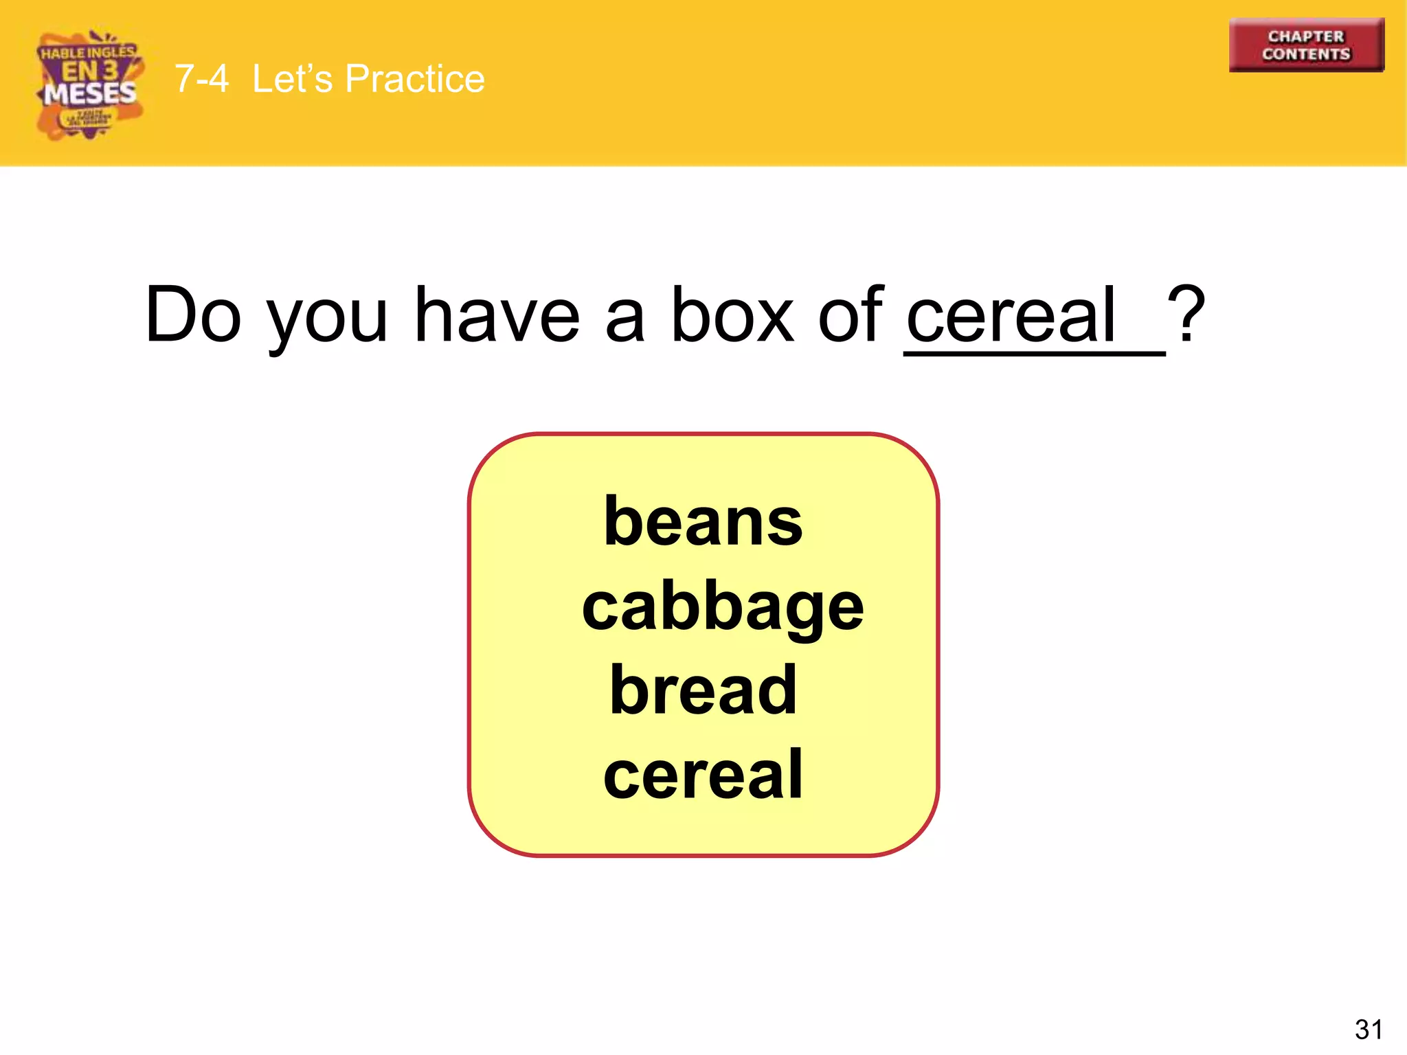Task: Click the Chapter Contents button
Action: [x=1306, y=45]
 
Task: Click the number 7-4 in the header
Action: [x=201, y=78]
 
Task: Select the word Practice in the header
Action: [x=415, y=78]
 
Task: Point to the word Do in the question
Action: [x=193, y=315]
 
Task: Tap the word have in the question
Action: [x=497, y=315]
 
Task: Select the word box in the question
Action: [x=732, y=315]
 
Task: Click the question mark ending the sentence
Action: [x=1186, y=315]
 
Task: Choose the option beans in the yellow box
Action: [x=703, y=522]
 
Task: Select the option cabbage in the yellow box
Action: [x=723, y=607]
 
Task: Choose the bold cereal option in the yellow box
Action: [x=703, y=775]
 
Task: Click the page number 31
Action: [x=1369, y=1030]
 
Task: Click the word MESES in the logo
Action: [x=90, y=93]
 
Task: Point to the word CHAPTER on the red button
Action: [x=1306, y=36]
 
